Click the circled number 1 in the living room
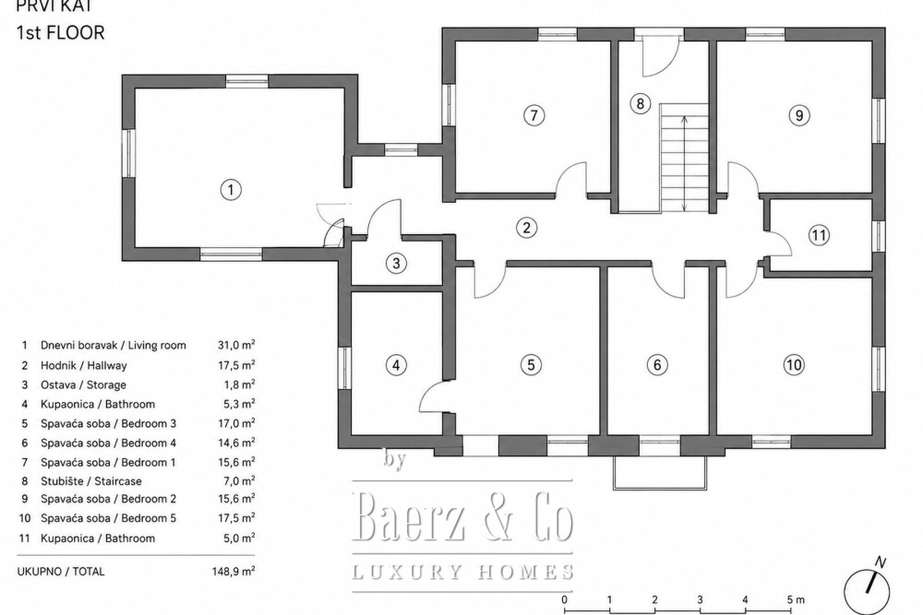click(231, 189)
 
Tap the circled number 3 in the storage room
click(396, 263)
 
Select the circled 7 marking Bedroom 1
click(533, 114)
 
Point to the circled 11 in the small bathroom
click(819, 235)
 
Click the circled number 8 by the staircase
click(640, 103)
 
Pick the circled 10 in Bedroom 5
click(794, 364)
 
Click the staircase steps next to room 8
click(684, 158)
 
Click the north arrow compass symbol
click(867, 590)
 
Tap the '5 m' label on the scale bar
click(796, 599)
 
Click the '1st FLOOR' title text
click(61, 32)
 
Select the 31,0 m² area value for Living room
click(236, 345)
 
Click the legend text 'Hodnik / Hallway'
click(84, 365)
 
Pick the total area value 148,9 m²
click(234, 571)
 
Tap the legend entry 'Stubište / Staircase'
click(91, 481)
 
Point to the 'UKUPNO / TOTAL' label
click(61, 572)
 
